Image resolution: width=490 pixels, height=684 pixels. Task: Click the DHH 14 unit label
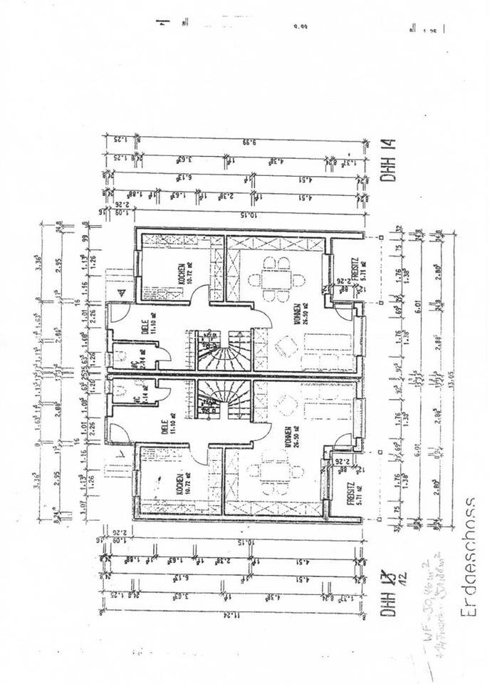(391, 166)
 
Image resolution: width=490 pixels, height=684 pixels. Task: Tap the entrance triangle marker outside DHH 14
(121, 292)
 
